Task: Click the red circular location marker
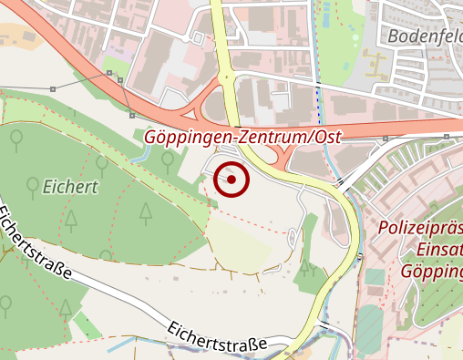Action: [x=231, y=180]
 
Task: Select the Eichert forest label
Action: [x=69, y=189]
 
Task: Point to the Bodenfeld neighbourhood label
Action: [x=425, y=36]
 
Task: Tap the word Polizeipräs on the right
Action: [x=419, y=227]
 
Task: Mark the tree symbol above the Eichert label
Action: [x=17, y=139]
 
